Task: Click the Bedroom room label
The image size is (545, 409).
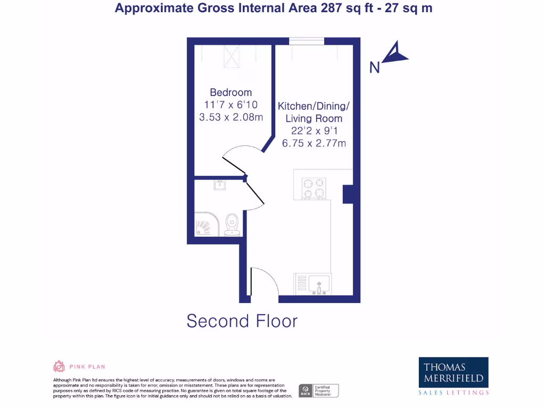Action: (230, 92)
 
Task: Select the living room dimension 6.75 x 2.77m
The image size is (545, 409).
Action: (314, 143)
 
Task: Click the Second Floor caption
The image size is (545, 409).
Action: (242, 321)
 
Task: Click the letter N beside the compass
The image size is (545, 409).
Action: (375, 68)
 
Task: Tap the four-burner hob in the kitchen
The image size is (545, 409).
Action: (313, 189)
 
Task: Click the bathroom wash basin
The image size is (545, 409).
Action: (220, 185)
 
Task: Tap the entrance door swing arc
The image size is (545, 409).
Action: (264, 280)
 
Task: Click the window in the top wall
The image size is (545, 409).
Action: (307, 41)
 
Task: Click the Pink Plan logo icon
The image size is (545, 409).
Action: (59, 366)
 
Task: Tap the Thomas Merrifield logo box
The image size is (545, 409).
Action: (453, 372)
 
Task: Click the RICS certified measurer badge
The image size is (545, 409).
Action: (318, 390)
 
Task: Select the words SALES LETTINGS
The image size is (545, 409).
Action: (453, 392)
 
